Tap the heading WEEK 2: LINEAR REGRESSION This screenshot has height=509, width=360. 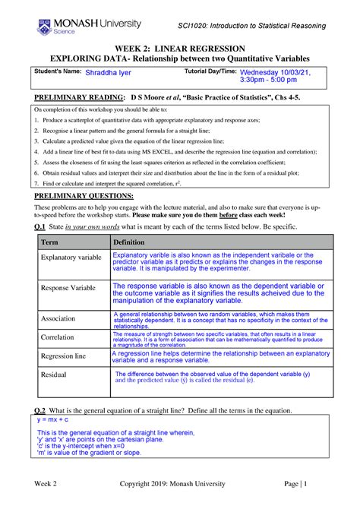pyautogui.click(x=179, y=47)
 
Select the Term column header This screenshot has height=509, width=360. pyautogui.click(x=49, y=241)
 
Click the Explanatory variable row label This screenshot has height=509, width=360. pyautogui.click(x=71, y=258)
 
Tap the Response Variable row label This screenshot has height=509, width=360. pyautogui.click(x=68, y=289)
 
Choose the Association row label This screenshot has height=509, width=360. pyautogui.click(x=58, y=318)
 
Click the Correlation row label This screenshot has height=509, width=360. pyautogui.click(x=58, y=337)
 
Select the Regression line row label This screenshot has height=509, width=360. pyautogui.click(x=66, y=356)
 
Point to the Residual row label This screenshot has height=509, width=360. pyautogui.click(x=54, y=375)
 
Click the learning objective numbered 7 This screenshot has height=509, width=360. pyautogui.click(x=106, y=183)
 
